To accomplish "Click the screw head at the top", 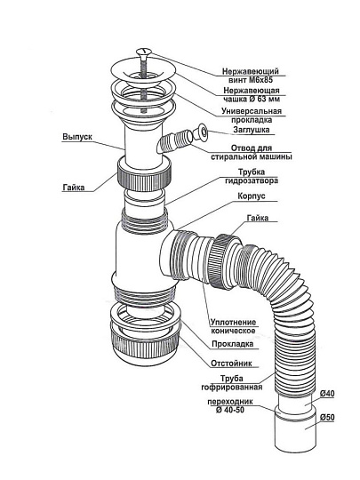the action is pos(144,52).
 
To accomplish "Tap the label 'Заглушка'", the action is pos(252,130).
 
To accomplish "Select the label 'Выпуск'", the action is pos(77,137).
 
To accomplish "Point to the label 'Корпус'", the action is pos(252,196).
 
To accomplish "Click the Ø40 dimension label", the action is pos(327,394).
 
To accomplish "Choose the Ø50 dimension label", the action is pos(327,418).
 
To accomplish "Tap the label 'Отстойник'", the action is pos(231,364).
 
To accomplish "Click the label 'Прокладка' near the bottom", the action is pos(233,344).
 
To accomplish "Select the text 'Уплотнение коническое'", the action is pos(233,326).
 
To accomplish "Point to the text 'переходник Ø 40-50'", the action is pos(230,405).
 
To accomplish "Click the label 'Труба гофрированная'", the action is pos(232,383).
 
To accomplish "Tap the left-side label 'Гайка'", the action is pos(74,188).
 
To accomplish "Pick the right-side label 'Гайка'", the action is pos(258,218).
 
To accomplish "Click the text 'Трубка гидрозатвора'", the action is pos(252,176).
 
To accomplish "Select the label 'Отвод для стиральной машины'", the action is pos(252,153).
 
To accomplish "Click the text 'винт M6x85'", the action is pos(251,80).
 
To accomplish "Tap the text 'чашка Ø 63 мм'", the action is pos(252,100).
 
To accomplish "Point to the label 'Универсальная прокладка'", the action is pos(252,116).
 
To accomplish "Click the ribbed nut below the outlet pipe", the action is pos(144,175).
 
